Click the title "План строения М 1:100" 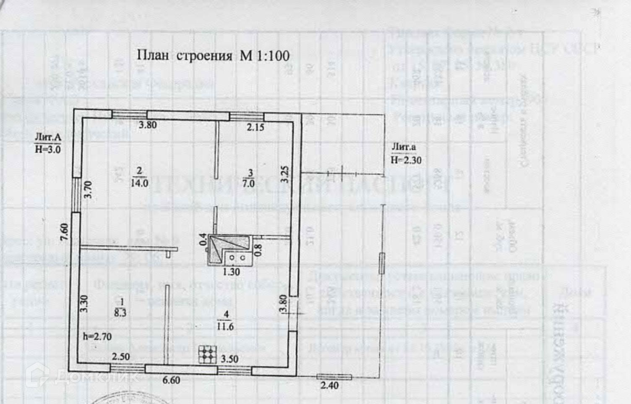(x=213, y=55)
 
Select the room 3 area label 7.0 (x=249, y=183)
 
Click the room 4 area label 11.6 (x=225, y=326)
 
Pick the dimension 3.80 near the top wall (x=148, y=125)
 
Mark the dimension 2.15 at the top (x=255, y=127)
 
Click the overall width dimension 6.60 (x=171, y=380)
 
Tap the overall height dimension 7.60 (x=64, y=232)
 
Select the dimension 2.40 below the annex (x=329, y=385)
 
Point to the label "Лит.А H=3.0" (x=48, y=143)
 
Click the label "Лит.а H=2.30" (x=406, y=153)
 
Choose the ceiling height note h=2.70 (x=97, y=336)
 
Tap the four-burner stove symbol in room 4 (x=207, y=354)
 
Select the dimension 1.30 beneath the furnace (x=231, y=272)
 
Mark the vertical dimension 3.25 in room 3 (x=285, y=174)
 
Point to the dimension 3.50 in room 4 (x=229, y=359)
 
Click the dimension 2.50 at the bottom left (x=121, y=357)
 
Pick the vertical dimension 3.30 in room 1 (x=84, y=303)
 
